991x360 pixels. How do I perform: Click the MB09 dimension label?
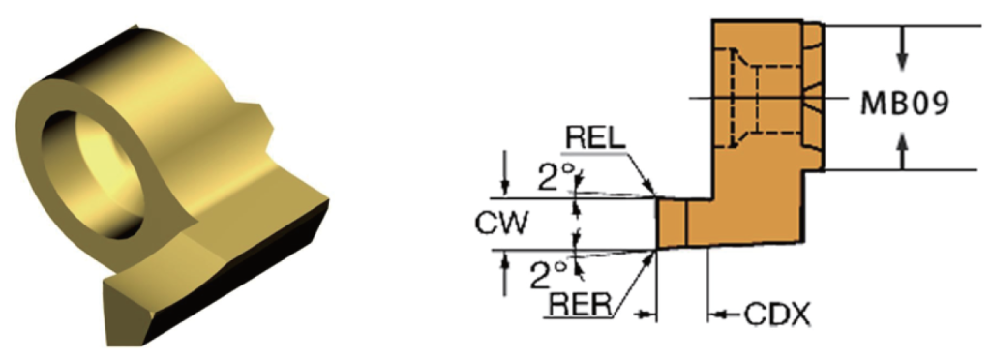pyautogui.click(x=906, y=105)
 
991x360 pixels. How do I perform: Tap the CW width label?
pyautogui.click(x=501, y=224)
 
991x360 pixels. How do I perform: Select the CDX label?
pyautogui.click(x=777, y=314)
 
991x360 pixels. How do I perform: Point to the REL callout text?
pyautogui.click(x=595, y=138)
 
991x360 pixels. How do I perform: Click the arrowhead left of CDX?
pyautogui.click(x=718, y=314)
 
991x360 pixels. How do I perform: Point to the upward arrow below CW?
pyautogui.click(x=503, y=274)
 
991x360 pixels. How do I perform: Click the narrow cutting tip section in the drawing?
pyautogui.click(x=672, y=223)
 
